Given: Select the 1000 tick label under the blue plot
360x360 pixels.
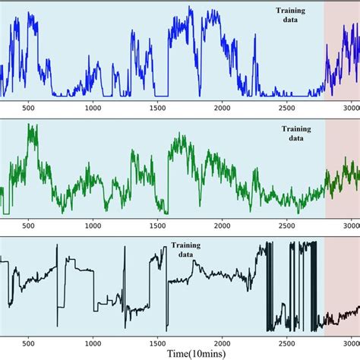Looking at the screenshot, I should point(93,107).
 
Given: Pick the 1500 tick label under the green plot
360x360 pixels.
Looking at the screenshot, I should point(157,226).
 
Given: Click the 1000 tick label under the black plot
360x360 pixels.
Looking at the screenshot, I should point(93,343).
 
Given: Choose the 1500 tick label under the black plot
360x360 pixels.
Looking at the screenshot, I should point(157,343).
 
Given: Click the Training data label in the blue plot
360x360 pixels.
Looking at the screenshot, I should point(292,16).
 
